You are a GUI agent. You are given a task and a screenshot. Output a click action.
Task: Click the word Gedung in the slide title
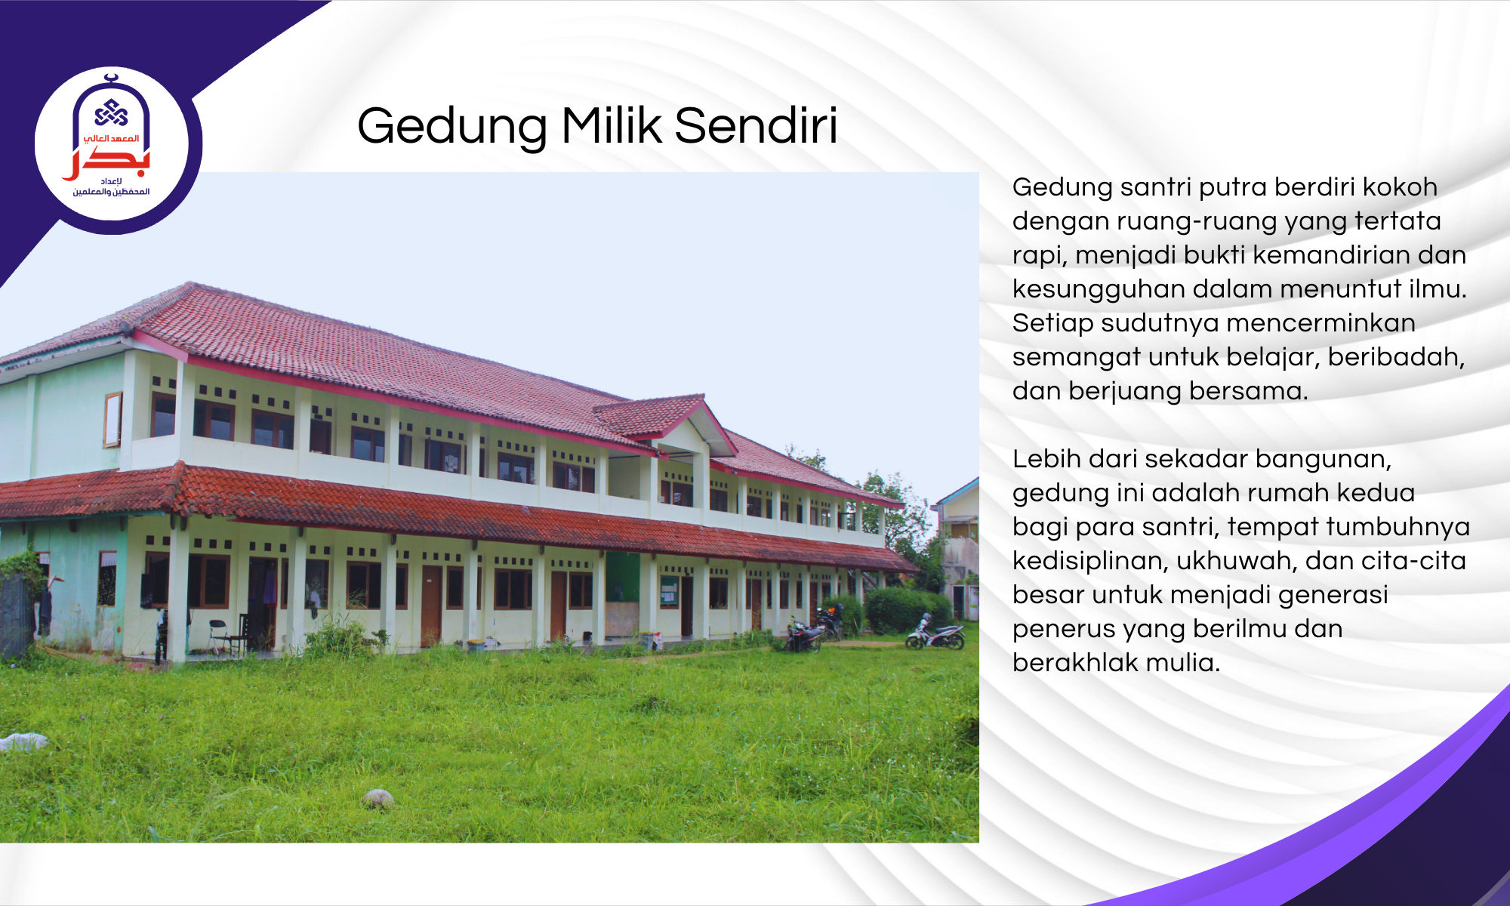tap(452, 127)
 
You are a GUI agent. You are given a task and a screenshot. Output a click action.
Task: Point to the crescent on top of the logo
tap(112, 77)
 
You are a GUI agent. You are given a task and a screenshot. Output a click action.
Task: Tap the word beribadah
tap(1396, 356)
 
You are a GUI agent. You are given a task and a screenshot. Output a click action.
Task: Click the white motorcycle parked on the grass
tap(936, 634)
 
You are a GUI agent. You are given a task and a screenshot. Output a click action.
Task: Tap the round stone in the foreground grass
tap(377, 798)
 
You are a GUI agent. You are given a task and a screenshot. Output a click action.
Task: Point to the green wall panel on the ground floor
tap(622, 577)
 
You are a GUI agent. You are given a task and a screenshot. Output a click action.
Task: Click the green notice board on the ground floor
tap(669, 591)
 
